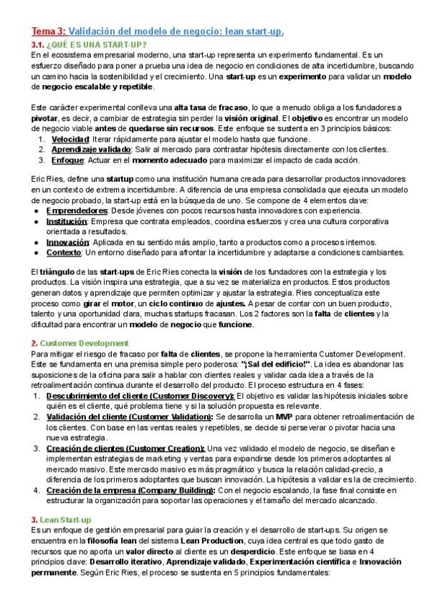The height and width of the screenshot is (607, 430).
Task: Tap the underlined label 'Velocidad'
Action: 71,139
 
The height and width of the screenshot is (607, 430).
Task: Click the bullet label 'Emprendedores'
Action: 77,211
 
